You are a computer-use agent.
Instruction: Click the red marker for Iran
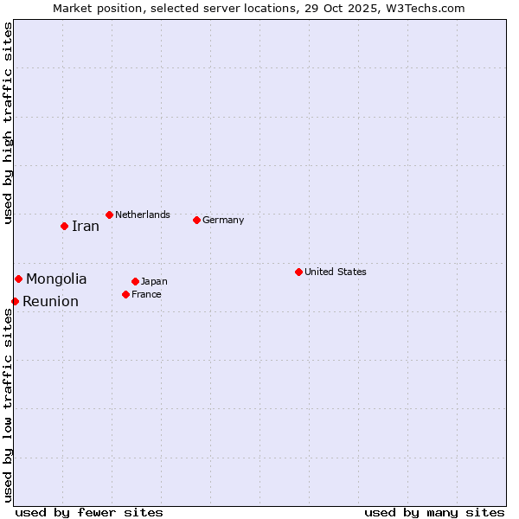point(64,226)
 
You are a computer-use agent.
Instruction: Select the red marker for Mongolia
point(18,279)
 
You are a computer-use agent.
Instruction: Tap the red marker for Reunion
point(15,301)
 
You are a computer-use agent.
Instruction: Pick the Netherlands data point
point(109,215)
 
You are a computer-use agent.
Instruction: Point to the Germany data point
point(196,220)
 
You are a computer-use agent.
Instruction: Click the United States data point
point(298,272)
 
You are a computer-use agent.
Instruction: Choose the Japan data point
point(135,281)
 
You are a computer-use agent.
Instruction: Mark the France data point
point(125,294)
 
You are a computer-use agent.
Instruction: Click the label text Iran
point(85,227)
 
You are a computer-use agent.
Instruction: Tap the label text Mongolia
point(56,279)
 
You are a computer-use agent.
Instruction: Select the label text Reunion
point(50,302)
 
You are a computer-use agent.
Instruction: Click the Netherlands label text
point(143,215)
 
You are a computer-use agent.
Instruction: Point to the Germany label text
point(223,220)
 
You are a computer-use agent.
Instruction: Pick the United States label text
point(336,272)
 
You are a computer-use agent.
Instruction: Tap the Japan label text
point(154,281)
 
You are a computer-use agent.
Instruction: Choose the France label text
point(146,294)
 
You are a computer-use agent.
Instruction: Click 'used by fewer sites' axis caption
point(89,512)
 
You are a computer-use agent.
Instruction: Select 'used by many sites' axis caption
point(434,512)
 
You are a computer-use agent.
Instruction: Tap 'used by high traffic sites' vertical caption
point(8,123)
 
